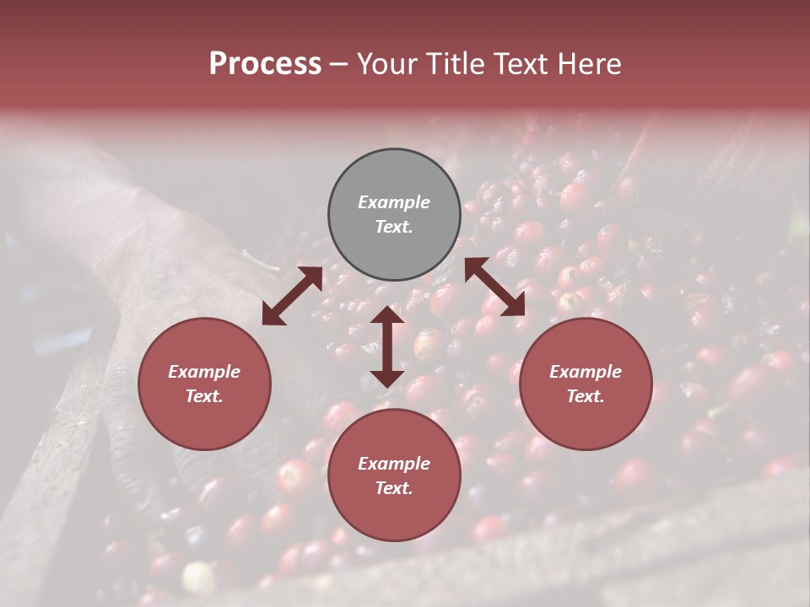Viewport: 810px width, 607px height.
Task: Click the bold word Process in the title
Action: pos(265,64)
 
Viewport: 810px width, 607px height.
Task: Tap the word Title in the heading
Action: pos(453,64)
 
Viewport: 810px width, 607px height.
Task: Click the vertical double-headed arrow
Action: pos(387,346)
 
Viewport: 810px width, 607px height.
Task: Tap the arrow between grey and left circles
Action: pos(292,296)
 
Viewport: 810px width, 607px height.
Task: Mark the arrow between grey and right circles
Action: pos(494,287)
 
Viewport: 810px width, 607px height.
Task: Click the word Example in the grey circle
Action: pos(394,202)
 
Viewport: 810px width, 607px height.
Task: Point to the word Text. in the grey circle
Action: pos(394,227)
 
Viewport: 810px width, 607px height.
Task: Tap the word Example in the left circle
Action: pos(204,372)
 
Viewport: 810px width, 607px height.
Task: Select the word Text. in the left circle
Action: pos(204,396)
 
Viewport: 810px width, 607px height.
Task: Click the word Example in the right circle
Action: pos(586,372)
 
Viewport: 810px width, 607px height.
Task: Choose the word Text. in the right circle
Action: pos(586,396)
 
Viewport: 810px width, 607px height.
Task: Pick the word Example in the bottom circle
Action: pos(394,464)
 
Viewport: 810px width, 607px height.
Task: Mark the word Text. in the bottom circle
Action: pos(394,488)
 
